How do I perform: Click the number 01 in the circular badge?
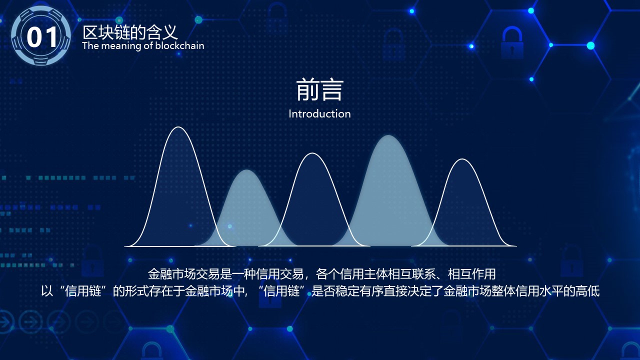(42, 37)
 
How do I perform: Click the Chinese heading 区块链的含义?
(130, 32)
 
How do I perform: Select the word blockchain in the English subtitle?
(179, 45)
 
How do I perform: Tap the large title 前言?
(319, 90)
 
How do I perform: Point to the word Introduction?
(319, 113)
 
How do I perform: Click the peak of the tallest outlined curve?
(178, 127)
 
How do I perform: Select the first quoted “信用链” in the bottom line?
(83, 291)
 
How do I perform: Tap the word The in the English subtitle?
(90, 45)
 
